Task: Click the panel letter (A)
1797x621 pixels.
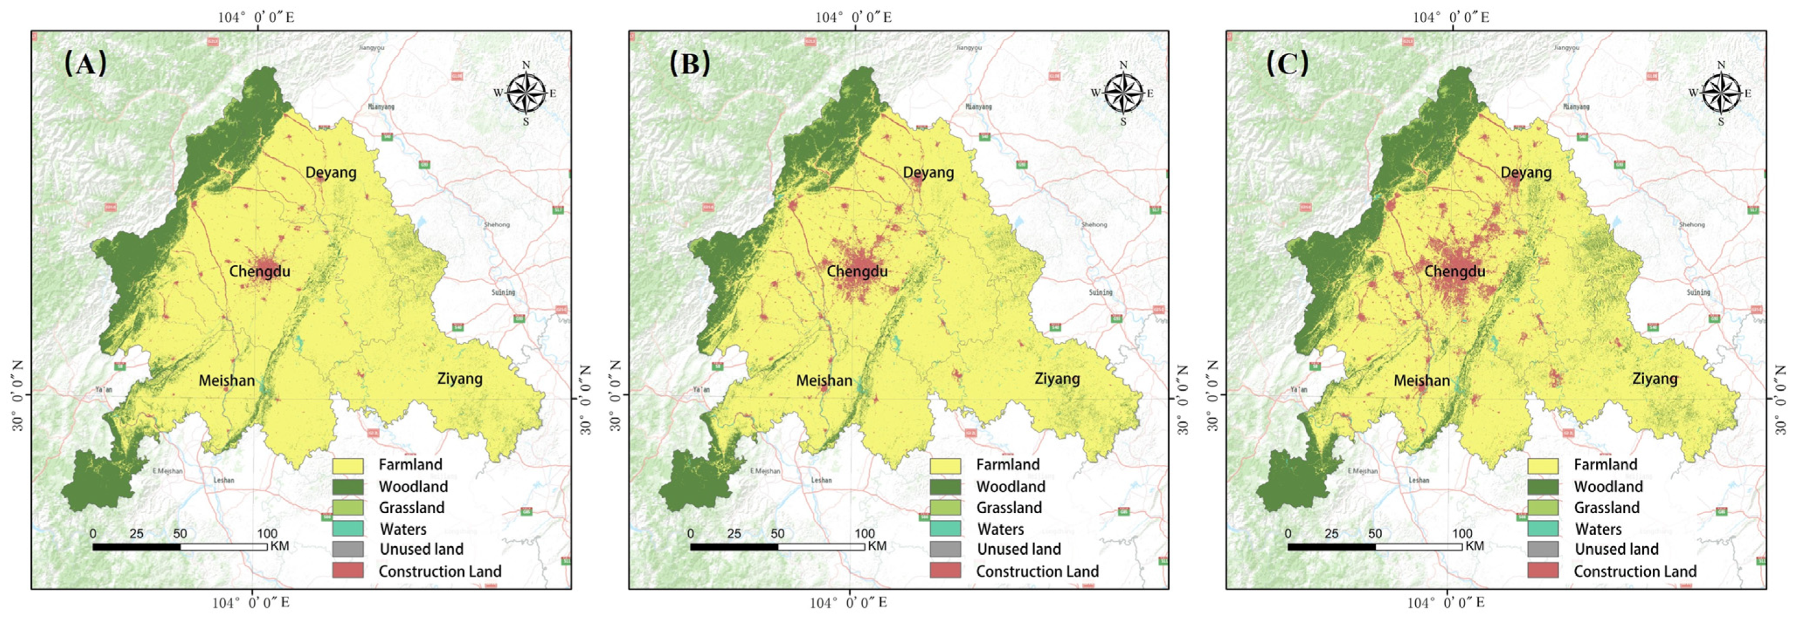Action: click(x=85, y=64)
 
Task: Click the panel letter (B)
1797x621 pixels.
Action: click(x=689, y=64)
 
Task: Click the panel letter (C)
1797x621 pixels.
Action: click(x=1287, y=64)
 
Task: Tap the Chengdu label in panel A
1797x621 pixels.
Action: click(x=260, y=271)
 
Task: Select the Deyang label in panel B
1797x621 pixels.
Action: click(x=928, y=172)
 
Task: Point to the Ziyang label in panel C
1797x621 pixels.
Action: click(x=1655, y=379)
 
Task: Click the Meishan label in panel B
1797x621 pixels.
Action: click(x=824, y=381)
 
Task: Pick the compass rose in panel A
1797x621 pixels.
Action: click(x=526, y=93)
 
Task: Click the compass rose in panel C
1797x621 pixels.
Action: click(x=1721, y=93)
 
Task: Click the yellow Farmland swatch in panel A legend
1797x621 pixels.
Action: click(x=348, y=466)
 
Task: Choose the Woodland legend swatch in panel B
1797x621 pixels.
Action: click(x=945, y=487)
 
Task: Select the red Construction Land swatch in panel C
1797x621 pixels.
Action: click(x=1542, y=571)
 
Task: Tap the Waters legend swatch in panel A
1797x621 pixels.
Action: click(x=348, y=529)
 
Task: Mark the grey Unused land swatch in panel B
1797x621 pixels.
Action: click(x=945, y=550)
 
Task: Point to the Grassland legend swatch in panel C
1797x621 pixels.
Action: click(x=1542, y=508)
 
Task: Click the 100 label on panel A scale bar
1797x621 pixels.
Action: click(x=266, y=534)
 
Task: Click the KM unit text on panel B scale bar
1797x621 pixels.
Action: click(x=877, y=546)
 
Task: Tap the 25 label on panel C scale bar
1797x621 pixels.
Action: click(x=1331, y=534)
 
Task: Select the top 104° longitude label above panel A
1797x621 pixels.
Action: click(x=255, y=17)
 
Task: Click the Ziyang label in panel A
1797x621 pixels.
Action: click(x=460, y=379)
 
